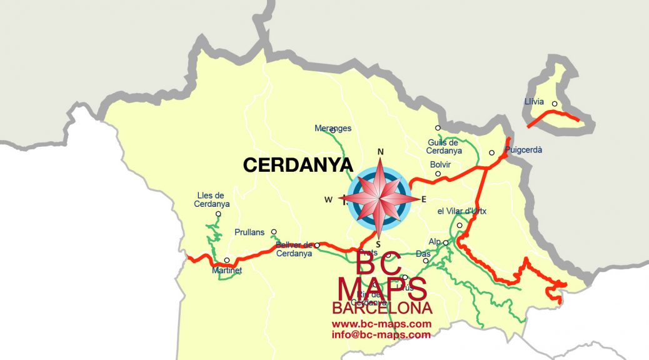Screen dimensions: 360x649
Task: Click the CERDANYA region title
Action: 298,165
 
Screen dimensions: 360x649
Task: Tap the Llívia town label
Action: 535,102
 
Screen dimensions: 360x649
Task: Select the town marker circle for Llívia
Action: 555,104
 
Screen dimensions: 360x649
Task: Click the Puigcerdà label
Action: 523,150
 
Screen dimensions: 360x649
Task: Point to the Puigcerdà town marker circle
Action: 492,152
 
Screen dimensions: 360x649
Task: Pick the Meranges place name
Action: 333,129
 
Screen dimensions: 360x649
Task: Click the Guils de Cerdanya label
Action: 444,146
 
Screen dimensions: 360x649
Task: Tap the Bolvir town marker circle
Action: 438,174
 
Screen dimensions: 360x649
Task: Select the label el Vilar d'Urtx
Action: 462,211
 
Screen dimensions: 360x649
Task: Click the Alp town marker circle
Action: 446,242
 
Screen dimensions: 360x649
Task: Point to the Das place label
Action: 423,254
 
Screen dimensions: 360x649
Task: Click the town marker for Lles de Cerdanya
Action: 218,214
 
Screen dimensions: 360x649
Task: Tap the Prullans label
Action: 249,232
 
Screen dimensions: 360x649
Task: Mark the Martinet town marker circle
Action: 227,260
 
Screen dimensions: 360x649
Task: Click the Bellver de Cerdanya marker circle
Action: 317,245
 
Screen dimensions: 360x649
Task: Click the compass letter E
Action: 423,199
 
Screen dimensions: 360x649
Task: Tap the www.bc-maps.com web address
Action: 381,324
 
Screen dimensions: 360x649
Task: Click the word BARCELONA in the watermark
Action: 381,308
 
